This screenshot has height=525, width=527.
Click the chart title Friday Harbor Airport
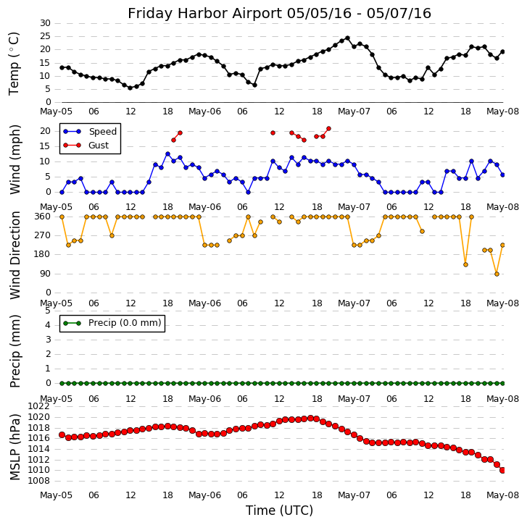coord(279,13)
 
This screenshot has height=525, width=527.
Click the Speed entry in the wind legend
coord(102,132)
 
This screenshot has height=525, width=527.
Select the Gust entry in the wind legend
coord(98,146)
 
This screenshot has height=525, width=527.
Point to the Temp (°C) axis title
coord(14,63)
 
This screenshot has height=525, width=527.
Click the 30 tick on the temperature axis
coord(45,23)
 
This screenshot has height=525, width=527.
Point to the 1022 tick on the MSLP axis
coord(40,406)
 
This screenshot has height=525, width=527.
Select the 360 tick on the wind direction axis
coord(42,217)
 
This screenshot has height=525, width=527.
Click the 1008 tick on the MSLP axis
coord(40,480)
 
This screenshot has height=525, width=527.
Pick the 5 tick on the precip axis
coord(47,310)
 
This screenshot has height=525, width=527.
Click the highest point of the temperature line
coord(347,38)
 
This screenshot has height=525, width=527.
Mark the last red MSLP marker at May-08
coord(502,470)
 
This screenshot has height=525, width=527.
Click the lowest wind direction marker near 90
coord(497,274)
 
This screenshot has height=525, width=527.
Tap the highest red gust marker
coord(328,129)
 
